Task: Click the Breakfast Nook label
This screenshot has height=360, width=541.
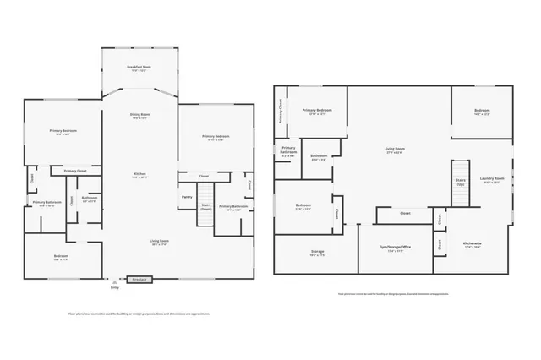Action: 139,67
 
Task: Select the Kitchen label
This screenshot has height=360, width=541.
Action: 139,174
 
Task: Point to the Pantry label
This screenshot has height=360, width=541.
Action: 187,197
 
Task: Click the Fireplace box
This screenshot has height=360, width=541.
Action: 140,279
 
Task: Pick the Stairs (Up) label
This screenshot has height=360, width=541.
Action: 460,181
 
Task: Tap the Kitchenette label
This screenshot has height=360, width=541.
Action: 472,245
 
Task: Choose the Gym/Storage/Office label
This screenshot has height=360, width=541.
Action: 394,248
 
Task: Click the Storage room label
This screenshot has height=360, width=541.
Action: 317,251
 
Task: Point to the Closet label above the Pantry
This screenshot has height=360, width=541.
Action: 204,176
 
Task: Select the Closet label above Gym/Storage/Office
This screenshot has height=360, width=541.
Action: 405,214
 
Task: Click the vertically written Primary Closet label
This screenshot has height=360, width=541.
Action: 281,111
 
